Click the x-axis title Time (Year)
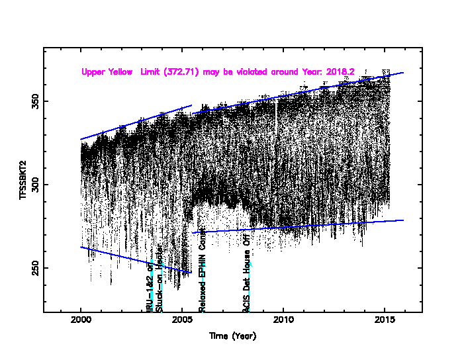coord(232,336)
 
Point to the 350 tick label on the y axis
coord(32,101)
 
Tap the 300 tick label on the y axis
coord(32,185)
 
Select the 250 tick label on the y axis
coord(32,268)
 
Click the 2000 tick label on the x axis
coord(81,321)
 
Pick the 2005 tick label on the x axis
coord(182,321)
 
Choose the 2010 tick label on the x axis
coord(283,321)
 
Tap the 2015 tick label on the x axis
coord(385,321)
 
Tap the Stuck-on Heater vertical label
coord(159,281)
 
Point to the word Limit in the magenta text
coord(150,71)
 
